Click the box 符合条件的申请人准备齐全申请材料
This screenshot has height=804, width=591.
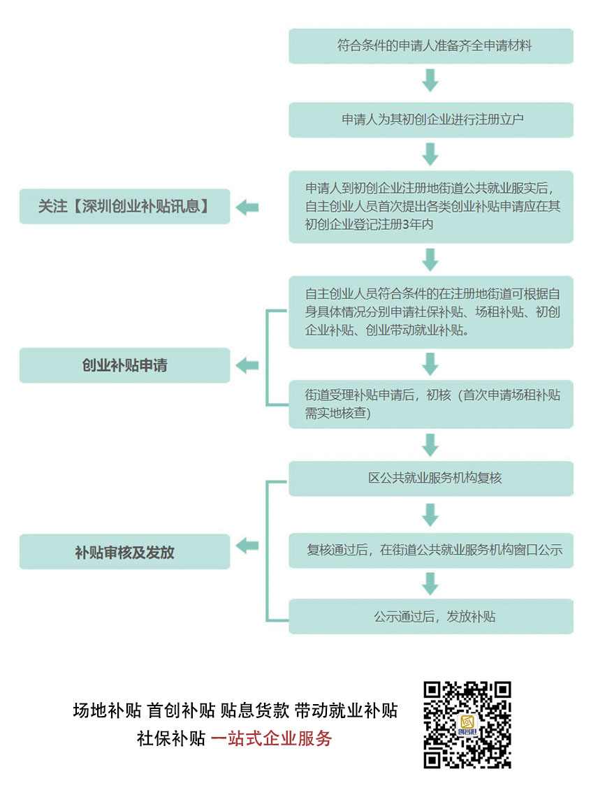coord(430,46)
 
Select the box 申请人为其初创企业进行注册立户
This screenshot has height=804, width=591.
coord(430,119)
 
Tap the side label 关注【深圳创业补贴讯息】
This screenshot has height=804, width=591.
coord(124,206)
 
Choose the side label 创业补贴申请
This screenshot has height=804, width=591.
coord(124,365)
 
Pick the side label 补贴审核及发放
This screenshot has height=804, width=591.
coord(124,552)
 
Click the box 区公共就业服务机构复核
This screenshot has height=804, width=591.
coord(430,478)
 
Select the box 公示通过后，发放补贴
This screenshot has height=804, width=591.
coord(430,616)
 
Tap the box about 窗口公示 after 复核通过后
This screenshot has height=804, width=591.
coord(430,550)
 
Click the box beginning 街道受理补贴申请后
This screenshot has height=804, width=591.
coord(430,404)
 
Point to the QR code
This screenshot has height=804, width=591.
coord(467,724)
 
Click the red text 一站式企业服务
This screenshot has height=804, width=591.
coord(271,738)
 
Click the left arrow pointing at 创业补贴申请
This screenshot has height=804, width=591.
coord(247,365)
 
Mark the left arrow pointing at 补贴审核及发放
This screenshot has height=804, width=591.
coord(247,546)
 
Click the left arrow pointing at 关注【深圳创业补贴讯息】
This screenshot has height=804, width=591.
coord(247,207)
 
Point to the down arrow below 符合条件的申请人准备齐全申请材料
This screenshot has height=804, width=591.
coord(430,80)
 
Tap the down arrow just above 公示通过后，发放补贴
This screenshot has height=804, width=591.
coord(430,583)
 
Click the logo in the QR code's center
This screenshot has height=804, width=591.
coord(467,724)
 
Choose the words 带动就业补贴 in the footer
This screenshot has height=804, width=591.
coord(346,710)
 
